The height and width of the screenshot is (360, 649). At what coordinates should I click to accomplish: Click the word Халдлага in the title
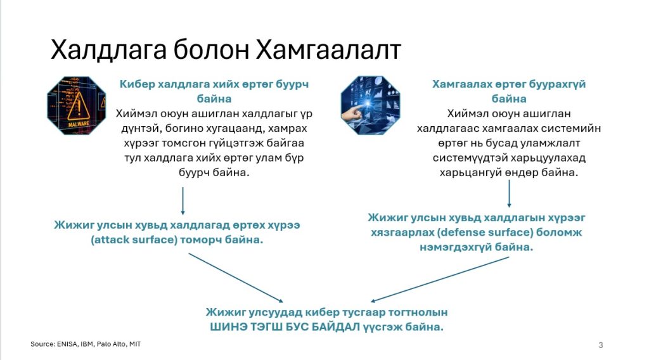pyautogui.click(x=108, y=49)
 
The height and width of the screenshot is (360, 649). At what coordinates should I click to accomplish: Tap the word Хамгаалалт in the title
pyautogui.click(x=329, y=49)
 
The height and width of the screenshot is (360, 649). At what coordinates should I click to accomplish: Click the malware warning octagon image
pyautogui.click(x=77, y=105)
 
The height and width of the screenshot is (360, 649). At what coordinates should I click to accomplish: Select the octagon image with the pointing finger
pyautogui.click(x=370, y=105)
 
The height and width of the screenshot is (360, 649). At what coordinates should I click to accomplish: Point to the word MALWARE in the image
pyautogui.click(x=78, y=124)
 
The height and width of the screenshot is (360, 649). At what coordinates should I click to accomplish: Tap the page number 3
pyautogui.click(x=601, y=345)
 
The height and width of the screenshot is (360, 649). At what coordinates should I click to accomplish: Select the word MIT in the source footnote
pyautogui.click(x=135, y=344)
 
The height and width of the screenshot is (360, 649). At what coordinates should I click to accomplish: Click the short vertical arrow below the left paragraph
pyautogui.click(x=183, y=201)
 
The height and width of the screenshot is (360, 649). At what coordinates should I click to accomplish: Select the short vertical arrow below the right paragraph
pyautogui.click(x=509, y=194)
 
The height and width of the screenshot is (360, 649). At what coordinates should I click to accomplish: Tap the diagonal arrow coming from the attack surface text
pyautogui.click(x=236, y=278)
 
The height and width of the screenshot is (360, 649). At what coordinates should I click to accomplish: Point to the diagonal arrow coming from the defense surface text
pyautogui.click(x=440, y=280)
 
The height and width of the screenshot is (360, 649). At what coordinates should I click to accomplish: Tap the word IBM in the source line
pyautogui.click(x=86, y=344)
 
